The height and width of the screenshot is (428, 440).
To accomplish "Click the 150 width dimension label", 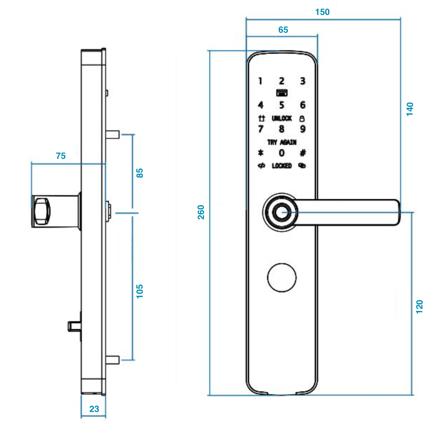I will pos(322,12).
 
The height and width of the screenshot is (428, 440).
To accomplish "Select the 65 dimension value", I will pos(283,30).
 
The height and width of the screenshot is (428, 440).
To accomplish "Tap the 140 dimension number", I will pos(410,109).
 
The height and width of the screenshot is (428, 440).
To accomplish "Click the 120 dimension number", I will pos(419,307).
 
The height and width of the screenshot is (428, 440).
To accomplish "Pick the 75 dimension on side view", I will pos(61,156).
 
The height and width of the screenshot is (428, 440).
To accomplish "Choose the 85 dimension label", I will pos(140,173).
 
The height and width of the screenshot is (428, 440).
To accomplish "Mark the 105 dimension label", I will pos(140,291).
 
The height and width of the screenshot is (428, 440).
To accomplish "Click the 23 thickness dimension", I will pos(94,409).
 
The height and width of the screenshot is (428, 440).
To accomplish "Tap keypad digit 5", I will pos(282,105).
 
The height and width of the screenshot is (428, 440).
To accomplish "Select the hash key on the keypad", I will pos(303,153).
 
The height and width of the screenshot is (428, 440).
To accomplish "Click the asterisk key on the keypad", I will pos(261,153).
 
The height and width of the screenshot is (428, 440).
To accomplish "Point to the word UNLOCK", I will pos(282,118).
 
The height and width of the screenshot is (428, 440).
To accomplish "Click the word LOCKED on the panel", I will pos(282,166).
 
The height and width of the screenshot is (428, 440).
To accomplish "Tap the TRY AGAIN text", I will pos(282,142).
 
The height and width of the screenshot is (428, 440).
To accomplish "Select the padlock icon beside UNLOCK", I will pos(302,118).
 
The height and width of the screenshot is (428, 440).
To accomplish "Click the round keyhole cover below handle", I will pos(282,278).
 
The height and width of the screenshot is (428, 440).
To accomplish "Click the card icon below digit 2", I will pos(282,93).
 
